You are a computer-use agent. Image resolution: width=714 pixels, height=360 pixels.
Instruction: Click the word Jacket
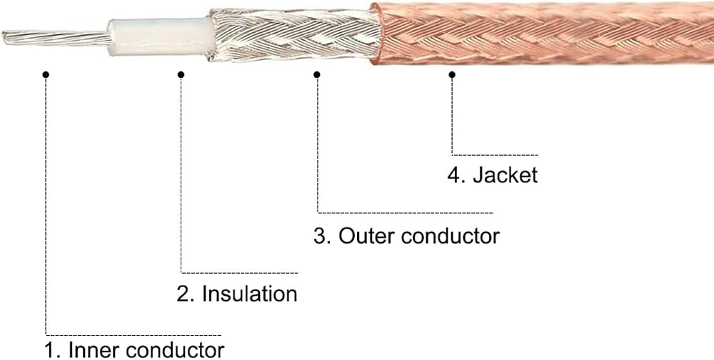pos(505,176)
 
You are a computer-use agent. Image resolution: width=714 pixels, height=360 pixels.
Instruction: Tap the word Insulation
pos(249,294)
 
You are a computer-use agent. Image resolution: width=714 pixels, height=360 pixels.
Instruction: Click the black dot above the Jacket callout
pos(452,74)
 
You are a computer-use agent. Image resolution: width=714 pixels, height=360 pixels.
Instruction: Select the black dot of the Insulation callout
pos(181,74)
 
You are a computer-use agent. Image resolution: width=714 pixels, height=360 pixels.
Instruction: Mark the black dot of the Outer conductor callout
pos(317,74)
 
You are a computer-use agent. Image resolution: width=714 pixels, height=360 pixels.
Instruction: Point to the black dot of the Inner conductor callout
pos(46,74)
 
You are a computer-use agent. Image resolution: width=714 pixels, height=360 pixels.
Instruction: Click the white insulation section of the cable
pos(160,37)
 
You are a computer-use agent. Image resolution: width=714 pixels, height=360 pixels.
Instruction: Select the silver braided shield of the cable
pos(293,35)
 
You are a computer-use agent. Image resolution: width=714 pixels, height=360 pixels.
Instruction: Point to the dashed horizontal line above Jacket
pos(495,155)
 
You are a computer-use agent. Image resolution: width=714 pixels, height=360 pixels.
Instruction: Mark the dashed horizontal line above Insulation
pos(239,273)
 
